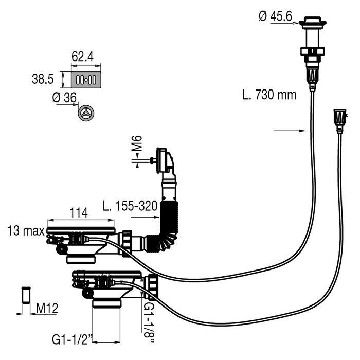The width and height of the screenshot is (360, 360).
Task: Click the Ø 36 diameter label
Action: click(x=65, y=97)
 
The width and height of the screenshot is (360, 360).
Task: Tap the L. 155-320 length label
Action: click(x=129, y=207)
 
